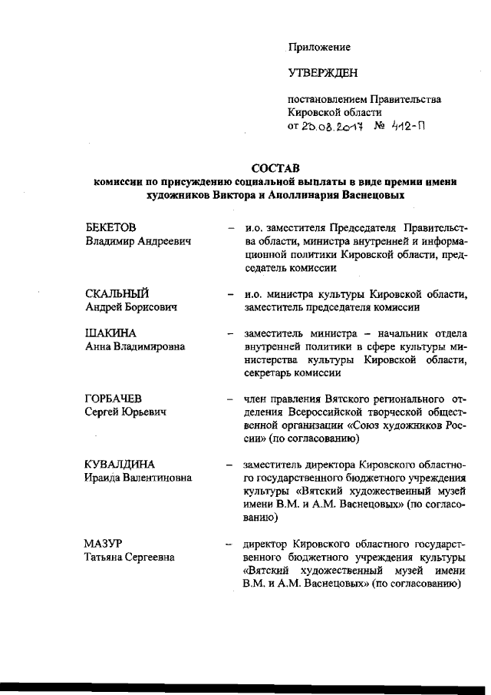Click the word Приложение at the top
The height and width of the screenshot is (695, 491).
pyautogui.click(x=319, y=47)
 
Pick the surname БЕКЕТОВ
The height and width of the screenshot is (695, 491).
pyautogui.click(x=110, y=228)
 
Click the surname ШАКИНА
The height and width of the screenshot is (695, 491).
pyautogui.click(x=110, y=334)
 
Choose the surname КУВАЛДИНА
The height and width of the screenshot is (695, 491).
pyautogui.click(x=120, y=465)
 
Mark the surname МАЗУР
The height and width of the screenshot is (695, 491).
pyautogui.click(x=103, y=544)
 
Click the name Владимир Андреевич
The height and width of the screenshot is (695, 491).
pyautogui.click(x=137, y=241)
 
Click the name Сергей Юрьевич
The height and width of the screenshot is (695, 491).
pyautogui.click(x=124, y=413)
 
